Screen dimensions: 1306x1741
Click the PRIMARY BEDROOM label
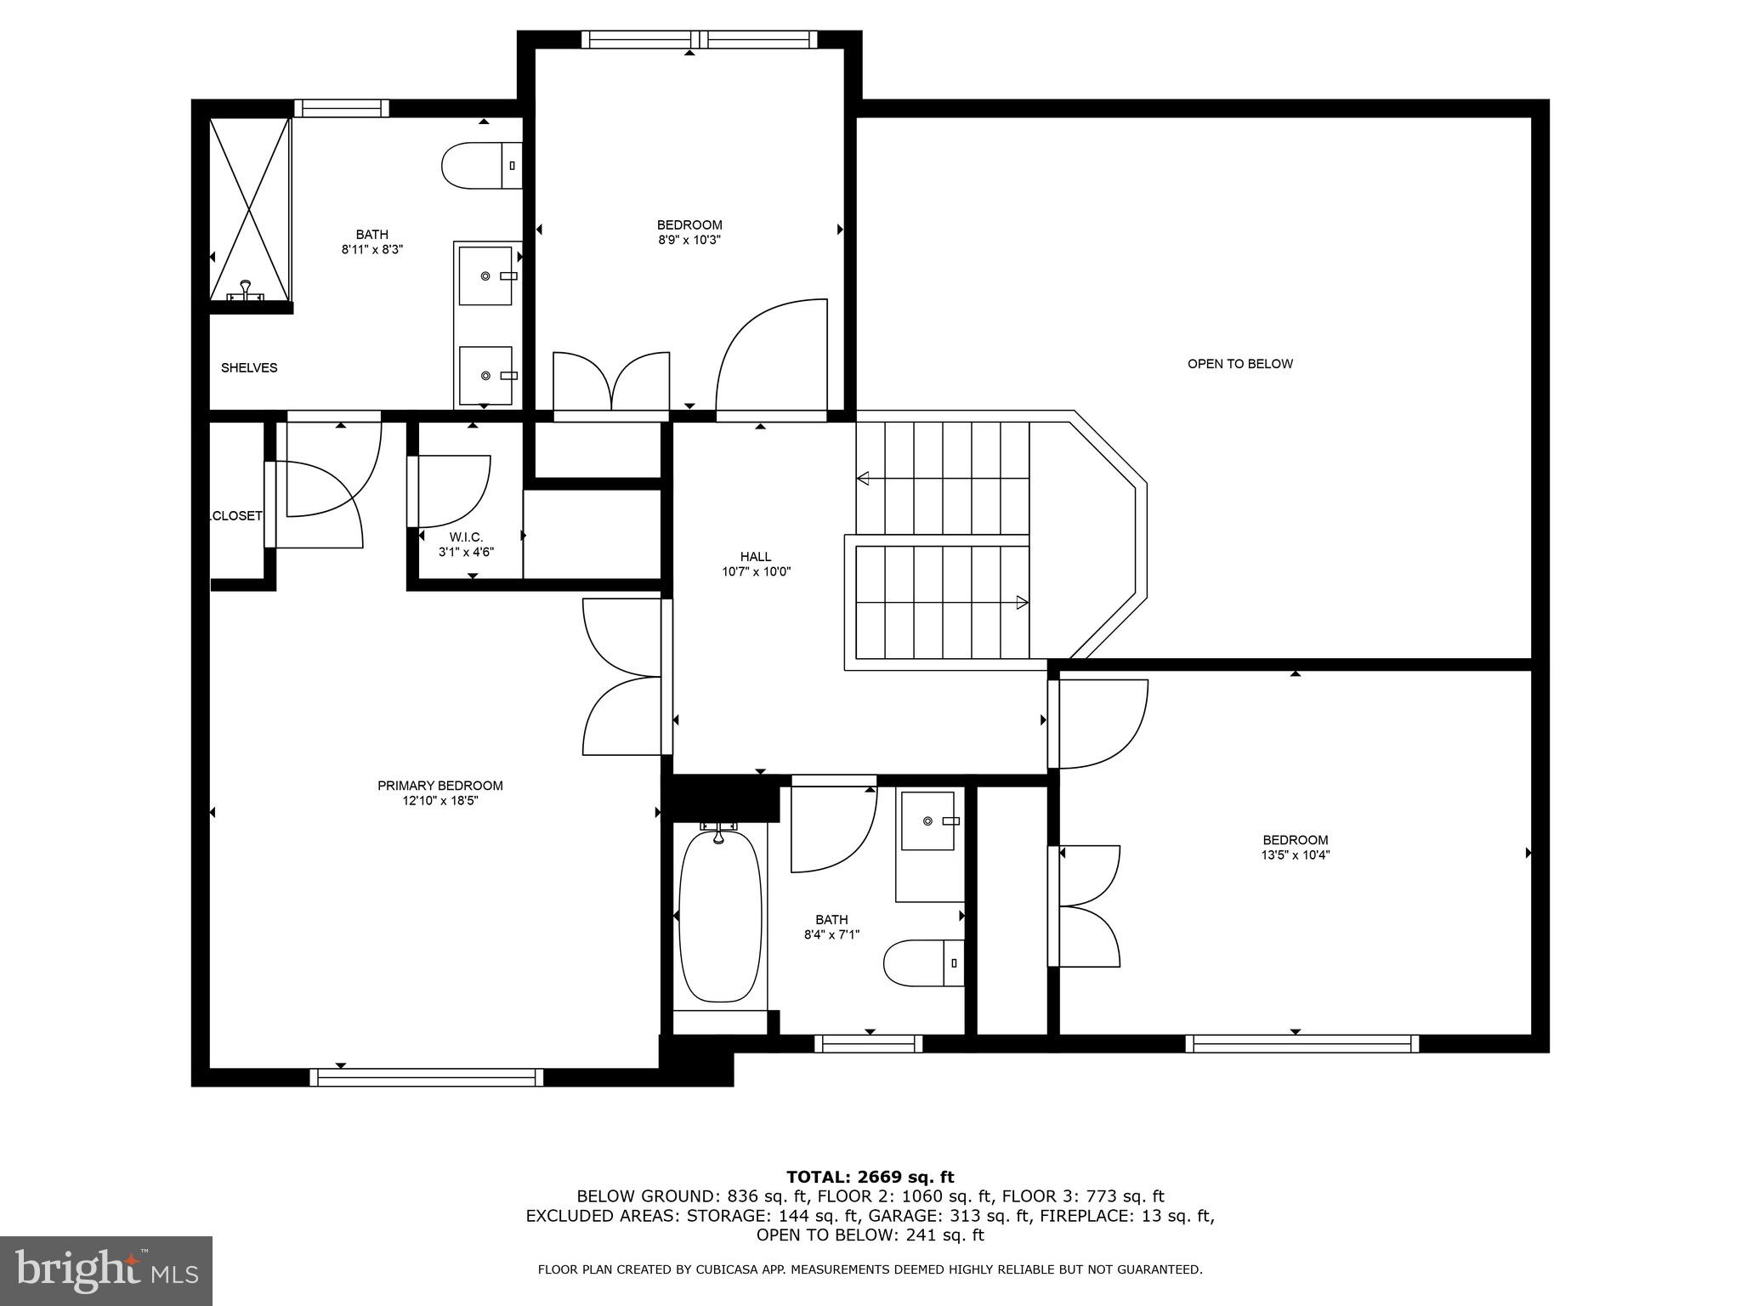(x=440, y=786)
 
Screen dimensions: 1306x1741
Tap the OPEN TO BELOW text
(x=1239, y=364)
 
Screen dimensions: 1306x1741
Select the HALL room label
(x=756, y=557)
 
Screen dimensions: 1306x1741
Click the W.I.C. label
(x=466, y=537)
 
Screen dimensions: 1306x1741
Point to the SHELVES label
(x=249, y=368)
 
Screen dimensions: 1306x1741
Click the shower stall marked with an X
(x=250, y=208)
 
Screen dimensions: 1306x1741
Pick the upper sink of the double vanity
(x=486, y=275)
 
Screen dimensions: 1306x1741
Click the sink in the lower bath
(x=928, y=821)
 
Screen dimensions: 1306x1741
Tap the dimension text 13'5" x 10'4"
(x=1295, y=855)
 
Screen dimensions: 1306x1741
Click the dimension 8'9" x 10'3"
(x=689, y=240)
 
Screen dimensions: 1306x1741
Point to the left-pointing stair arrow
(x=864, y=478)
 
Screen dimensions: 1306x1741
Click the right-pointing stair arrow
(x=1022, y=603)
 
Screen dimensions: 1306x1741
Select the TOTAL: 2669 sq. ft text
(x=870, y=1177)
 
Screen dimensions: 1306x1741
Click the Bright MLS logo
(x=106, y=1270)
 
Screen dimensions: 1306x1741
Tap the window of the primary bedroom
(x=426, y=1077)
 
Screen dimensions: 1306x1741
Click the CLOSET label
(x=236, y=516)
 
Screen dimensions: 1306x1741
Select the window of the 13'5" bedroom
(x=1301, y=1043)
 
